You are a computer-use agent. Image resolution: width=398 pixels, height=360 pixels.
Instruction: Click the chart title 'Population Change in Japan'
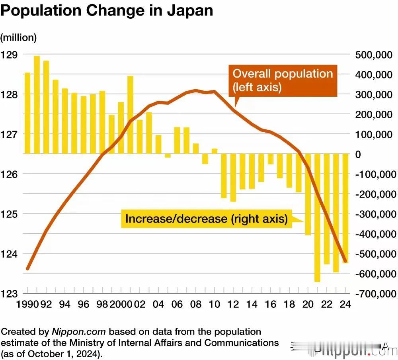pyautogui.click(x=107, y=11)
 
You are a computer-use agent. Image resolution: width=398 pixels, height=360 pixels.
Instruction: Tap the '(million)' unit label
pyautogui.click(x=18, y=37)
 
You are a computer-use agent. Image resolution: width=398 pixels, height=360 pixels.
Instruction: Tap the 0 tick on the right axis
pyautogui.click(x=358, y=154)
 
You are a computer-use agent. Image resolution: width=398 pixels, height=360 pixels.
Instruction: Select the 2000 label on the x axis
pyautogui.click(x=121, y=304)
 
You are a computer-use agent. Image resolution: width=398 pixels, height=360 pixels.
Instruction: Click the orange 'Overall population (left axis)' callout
pyautogui.click(x=283, y=80)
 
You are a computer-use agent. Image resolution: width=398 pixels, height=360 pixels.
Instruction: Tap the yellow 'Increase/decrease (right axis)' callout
pyautogui.click(x=206, y=219)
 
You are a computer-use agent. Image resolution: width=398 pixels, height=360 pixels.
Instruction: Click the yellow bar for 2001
pyautogui.click(x=130, y=115)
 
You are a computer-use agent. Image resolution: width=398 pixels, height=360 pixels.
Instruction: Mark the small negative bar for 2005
pyautogui.click(x=168, y=156)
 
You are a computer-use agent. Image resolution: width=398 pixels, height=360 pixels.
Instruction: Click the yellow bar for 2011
pyautogui.click(x=224, y=176)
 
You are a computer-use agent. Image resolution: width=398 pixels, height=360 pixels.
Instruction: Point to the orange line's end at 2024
pyautogui.click(x=345, y=261)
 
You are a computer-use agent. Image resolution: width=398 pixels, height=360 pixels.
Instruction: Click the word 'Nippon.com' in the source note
pyautogui.click(x=79, y=332)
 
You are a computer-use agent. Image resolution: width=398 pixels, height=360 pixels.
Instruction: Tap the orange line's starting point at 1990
pyautogui.click(x=27, y=269)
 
